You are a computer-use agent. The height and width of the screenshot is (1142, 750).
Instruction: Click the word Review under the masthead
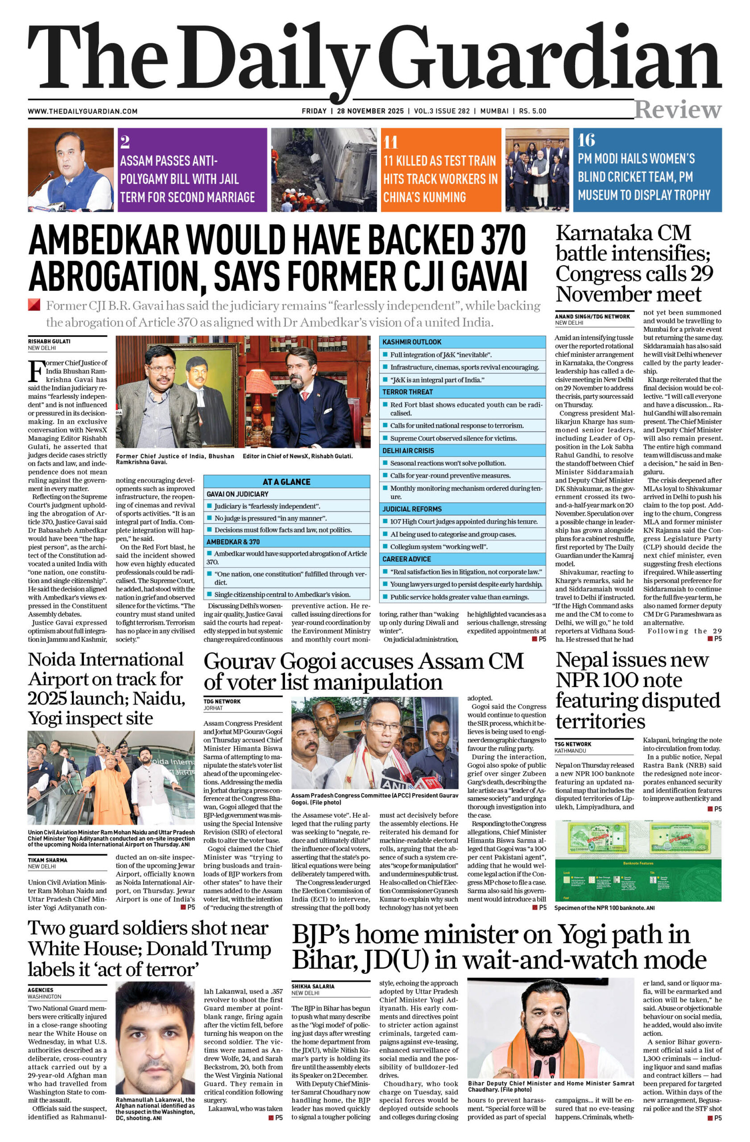tap(677, 110)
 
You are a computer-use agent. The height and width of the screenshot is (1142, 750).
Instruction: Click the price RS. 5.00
tap(532, 111)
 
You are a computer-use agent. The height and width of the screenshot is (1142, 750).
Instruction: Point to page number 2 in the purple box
tap(125, 142)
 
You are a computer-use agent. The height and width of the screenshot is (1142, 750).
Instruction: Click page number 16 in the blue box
tap(586, 140)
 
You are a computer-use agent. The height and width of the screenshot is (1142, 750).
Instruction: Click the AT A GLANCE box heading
tap(286, 482)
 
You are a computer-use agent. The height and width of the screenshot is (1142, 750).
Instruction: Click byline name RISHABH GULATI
tap(49, 341)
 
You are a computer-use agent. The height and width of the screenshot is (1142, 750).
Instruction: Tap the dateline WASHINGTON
tap(45, 997)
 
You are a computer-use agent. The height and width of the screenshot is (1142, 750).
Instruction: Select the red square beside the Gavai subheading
tap(34, 305)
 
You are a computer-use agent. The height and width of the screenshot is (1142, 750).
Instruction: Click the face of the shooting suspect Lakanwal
tap(153, 1036)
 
